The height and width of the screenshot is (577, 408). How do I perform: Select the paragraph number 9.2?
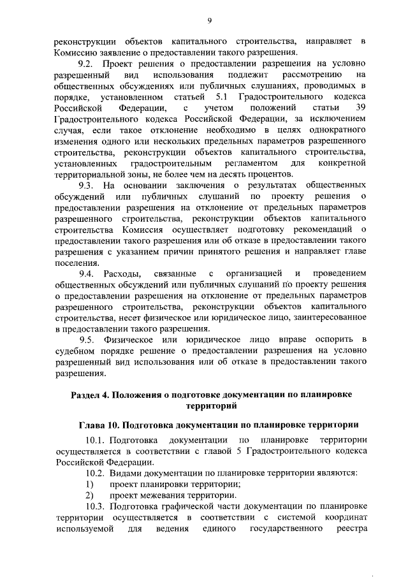[85, 64]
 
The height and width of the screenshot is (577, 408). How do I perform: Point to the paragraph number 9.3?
[85, 186]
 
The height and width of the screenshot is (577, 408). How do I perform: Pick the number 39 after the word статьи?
[360, 108]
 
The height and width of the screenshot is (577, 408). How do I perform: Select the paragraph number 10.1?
[95, 440]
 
